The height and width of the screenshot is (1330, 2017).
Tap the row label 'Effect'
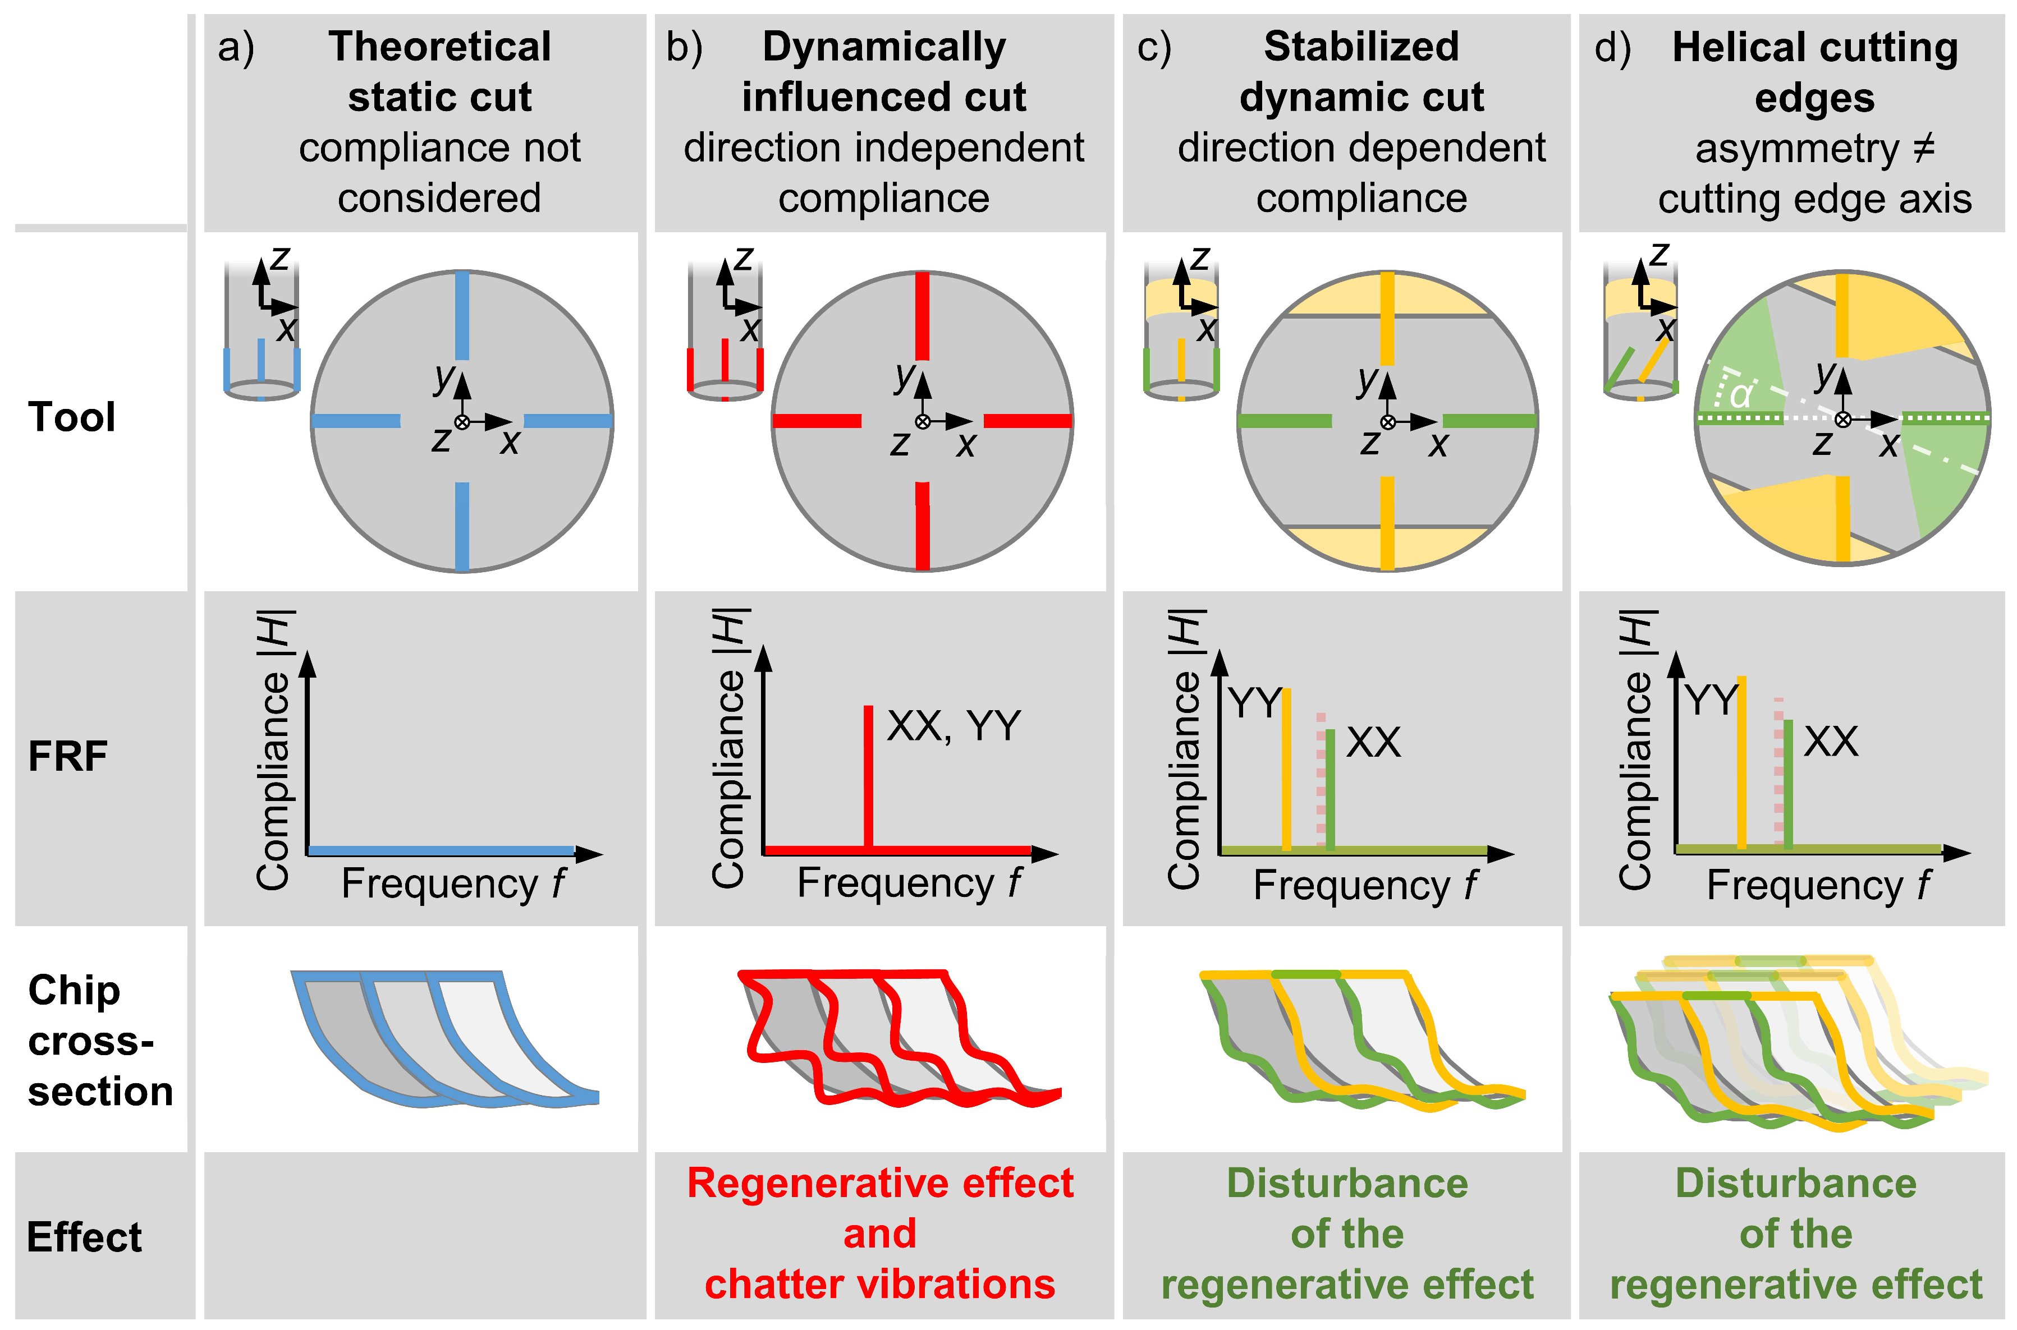click(x=84, y=1237)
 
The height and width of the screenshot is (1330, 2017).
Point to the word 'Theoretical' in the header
click(x=439, y=47)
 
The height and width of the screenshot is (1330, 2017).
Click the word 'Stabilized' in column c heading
click(x=1361, y=47)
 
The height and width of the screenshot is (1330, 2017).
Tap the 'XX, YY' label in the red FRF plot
click(x=953, y=726)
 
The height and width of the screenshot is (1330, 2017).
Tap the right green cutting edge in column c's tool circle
click(x=1489, y=421)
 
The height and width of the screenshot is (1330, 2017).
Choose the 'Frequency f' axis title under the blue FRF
click(x=453, y=884)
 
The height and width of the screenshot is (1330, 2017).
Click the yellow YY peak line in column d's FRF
click(x=1742, y=763)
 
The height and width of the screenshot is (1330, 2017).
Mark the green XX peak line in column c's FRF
click(x=1330, y=789)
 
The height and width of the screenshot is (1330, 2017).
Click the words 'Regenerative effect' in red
click(x=880, y=1183)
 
